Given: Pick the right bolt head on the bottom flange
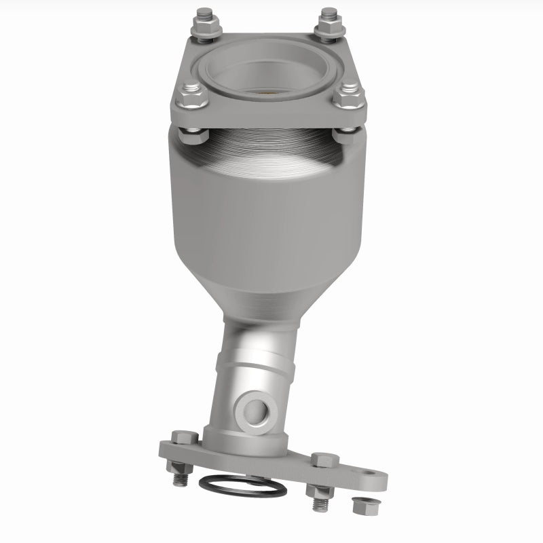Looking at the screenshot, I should coord(325,460).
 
